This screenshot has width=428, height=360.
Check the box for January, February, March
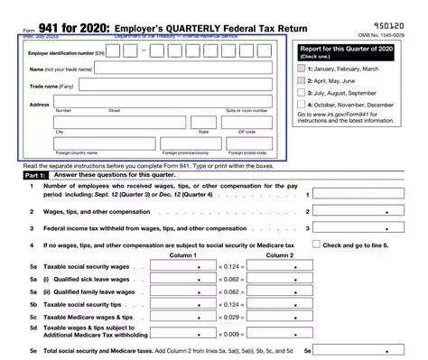point(302,68)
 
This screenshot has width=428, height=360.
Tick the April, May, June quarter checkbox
point(302,79)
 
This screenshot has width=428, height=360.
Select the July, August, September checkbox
point(302,91)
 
